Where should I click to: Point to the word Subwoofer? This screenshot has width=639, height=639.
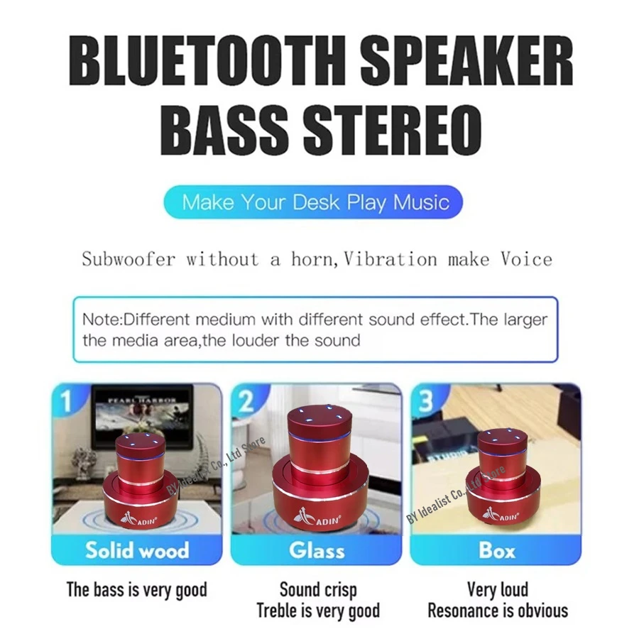click(128, 258)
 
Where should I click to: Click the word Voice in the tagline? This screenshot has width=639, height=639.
click(526, 258)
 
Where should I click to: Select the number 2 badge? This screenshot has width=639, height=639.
click(246, 401)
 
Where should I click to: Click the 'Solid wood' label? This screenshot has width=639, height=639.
click(137, 550)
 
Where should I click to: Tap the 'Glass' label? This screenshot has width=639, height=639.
click(317, 550)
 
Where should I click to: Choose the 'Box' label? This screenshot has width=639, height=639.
click(497, 550)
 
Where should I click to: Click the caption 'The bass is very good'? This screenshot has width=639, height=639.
click(137, 589)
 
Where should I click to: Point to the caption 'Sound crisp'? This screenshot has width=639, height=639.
click(317, 589)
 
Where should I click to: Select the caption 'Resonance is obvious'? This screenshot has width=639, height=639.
click(497, 611)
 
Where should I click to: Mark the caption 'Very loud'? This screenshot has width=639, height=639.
click(497, 589)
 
